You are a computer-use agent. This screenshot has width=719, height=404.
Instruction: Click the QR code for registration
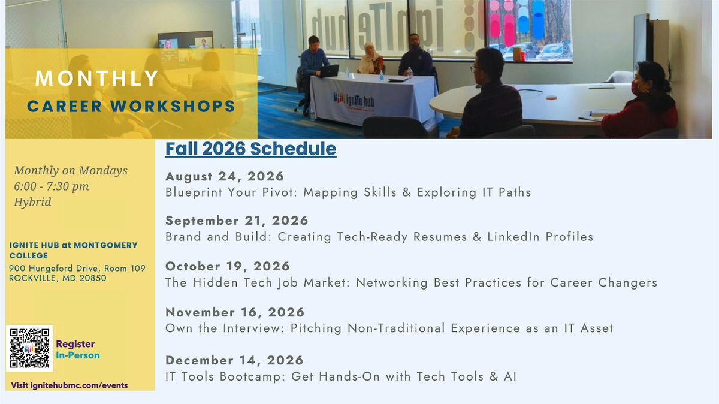point(29,348)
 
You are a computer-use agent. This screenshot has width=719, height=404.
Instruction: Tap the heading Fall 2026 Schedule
point(250,149)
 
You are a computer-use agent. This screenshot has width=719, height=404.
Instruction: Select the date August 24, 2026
point(225,176)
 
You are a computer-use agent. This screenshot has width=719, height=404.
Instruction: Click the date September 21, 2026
point(237,221)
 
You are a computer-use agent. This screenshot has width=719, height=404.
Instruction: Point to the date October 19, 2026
point(228,266)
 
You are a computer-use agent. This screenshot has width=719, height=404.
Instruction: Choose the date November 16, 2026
point(235,312)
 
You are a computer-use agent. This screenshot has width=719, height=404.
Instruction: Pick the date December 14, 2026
point(234,360)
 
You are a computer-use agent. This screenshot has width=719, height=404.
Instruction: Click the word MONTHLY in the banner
point(96,79)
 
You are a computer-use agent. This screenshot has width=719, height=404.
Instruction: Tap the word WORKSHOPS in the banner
point(173,106)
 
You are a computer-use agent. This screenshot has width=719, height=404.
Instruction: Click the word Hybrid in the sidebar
point(32,202)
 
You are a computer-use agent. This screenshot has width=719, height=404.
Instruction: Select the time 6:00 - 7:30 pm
point(52,186)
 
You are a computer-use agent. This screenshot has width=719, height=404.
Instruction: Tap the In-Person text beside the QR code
point(78,355)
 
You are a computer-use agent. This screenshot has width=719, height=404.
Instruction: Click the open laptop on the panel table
point(328,71)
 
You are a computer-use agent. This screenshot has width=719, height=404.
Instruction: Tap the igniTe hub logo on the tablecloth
point(354,101)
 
